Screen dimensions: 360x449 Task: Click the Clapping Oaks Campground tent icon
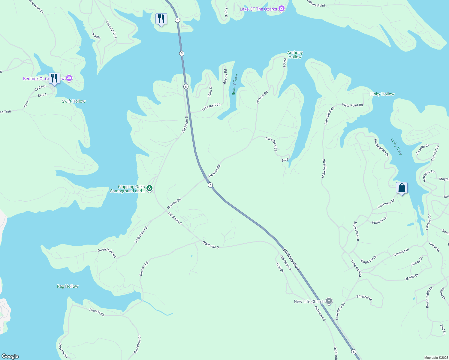pos(149,188)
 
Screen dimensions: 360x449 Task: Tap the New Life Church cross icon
pos(329,301)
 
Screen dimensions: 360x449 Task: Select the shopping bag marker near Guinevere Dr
pos(402,188)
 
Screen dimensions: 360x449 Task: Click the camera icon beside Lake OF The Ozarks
pos(281,9)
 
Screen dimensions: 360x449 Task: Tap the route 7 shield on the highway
pos(210,185)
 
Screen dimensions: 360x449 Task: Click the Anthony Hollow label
pos(295,55)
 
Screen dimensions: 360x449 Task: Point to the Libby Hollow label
pos(382,94)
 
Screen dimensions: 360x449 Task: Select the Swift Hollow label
pos(74,101)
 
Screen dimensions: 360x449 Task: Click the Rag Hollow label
pos(68,286)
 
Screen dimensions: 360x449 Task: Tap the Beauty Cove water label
pos(235,85)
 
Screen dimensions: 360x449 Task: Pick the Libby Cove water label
pos(396,147)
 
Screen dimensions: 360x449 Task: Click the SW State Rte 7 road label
pos(291,259)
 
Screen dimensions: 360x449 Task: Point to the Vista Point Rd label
pos(352,105)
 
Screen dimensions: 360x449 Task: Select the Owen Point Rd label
pos(107,253)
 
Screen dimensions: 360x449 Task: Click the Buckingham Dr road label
pos(381,147)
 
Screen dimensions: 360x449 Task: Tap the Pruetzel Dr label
pos(364,298)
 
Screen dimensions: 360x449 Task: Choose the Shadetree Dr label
pos(137,344)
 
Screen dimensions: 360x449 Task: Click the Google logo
pos(10,356)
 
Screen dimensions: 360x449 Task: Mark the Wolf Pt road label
pos(280,267)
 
